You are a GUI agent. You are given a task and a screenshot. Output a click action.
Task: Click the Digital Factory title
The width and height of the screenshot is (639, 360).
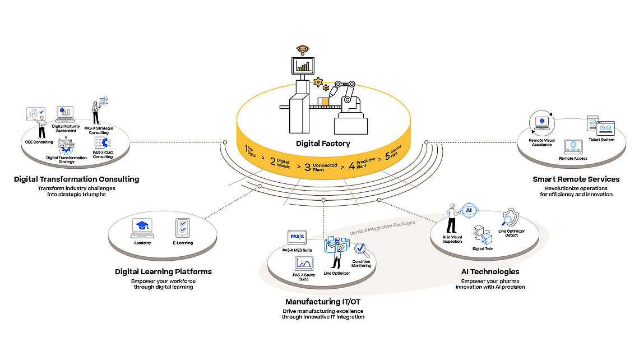322,143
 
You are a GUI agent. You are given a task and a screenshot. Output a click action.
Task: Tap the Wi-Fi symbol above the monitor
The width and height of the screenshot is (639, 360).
303,50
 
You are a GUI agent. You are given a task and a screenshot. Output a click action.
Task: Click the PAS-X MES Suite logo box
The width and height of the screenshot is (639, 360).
296,237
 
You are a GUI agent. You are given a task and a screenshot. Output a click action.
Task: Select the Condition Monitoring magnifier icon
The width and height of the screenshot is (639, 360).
360,249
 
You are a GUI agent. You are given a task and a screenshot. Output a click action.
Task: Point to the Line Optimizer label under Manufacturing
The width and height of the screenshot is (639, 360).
337,274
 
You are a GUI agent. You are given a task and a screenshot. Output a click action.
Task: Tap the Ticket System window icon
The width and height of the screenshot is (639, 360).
599,125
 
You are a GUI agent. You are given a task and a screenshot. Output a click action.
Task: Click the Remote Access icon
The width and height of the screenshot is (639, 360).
572,147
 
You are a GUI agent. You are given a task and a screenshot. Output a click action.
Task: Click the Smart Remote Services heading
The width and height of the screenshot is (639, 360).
576,179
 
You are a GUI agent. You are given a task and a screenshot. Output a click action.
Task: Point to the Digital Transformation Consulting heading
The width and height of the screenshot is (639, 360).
77,179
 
